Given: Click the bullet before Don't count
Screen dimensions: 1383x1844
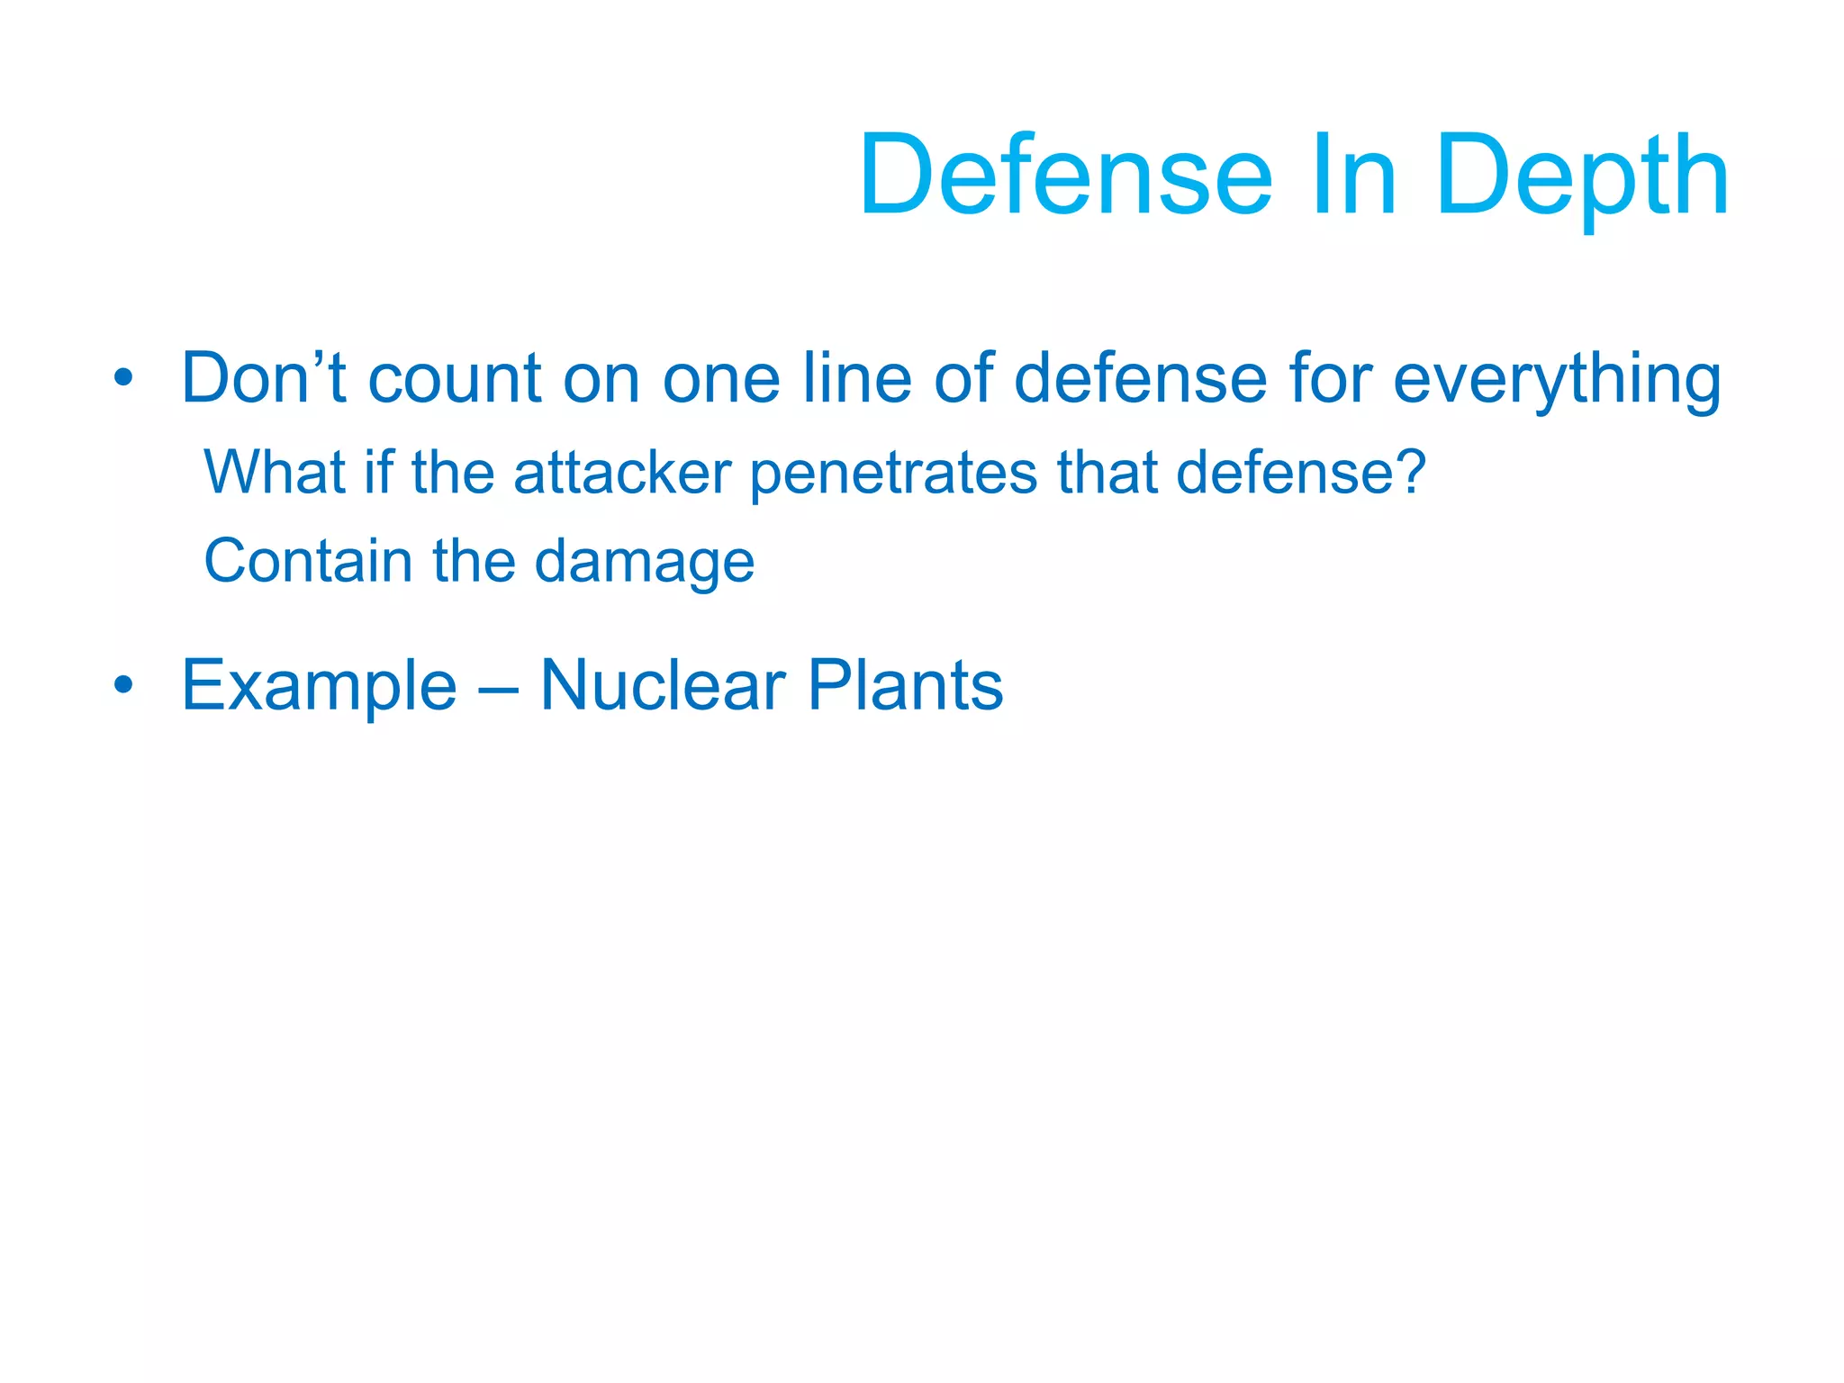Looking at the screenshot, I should pos(123,378).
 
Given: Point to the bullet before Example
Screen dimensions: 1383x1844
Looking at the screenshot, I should pos(123,685).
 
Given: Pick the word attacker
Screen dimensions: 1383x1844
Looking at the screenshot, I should pos(621,472).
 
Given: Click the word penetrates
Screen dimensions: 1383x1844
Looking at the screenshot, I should pos(892,474).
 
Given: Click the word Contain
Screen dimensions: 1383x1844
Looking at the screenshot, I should pos(308,560).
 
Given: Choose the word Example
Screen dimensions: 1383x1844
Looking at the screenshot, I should pos(320,686).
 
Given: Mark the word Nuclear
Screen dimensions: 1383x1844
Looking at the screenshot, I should pos(663,685).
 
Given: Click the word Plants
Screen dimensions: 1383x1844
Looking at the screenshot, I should pos(905,685).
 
